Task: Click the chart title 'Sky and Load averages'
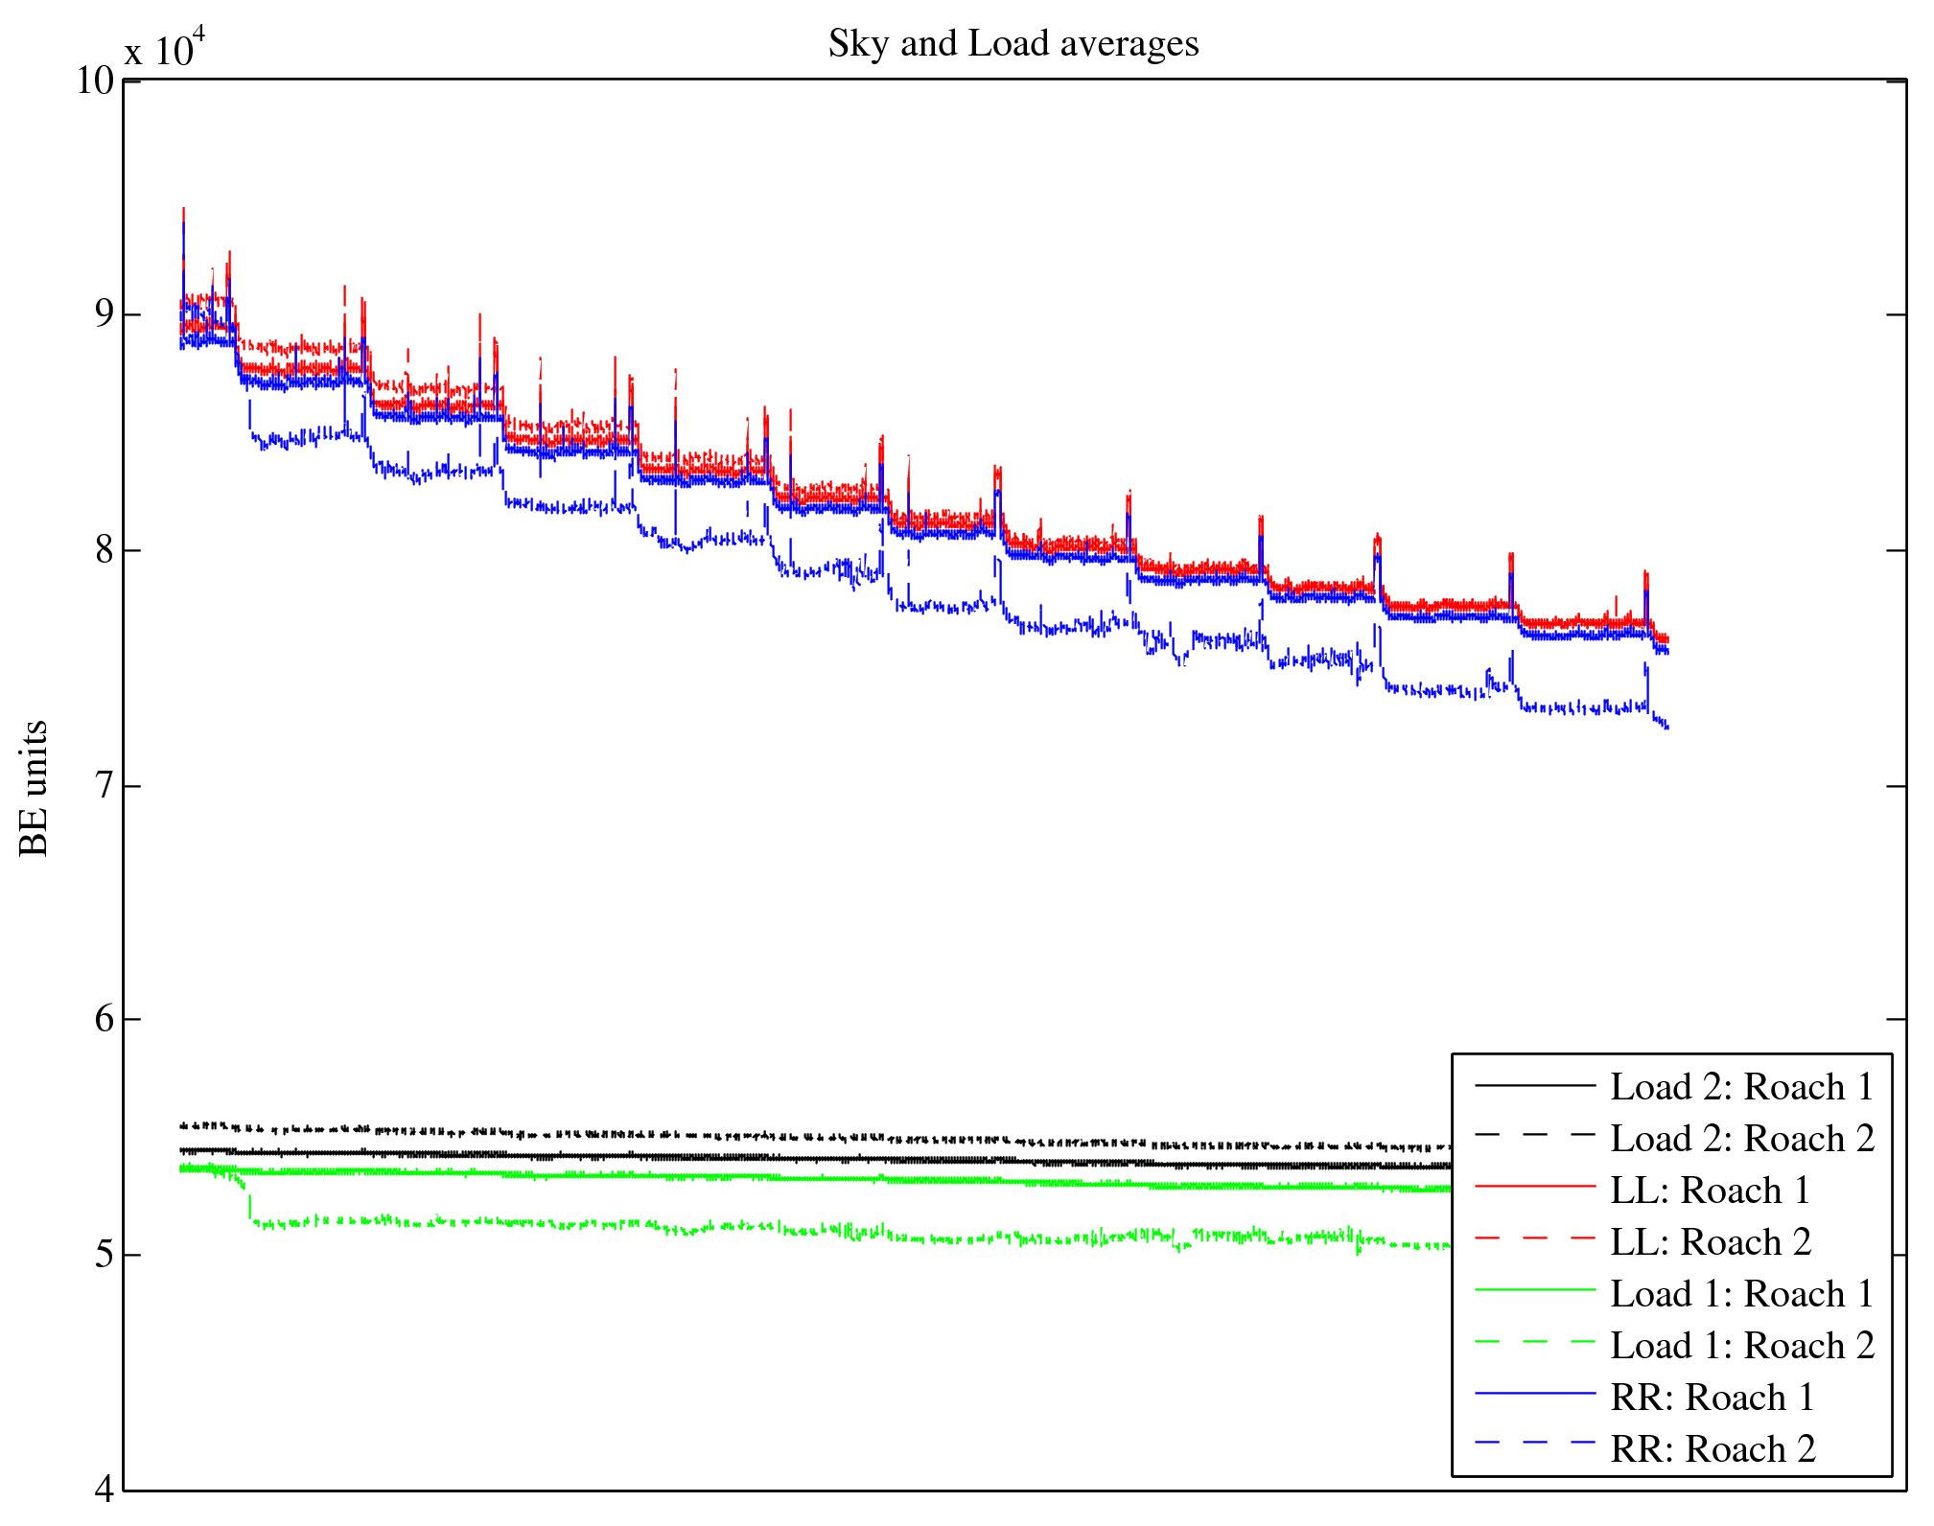click(x=1013, y=44)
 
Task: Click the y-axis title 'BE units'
click(x=35, y=788)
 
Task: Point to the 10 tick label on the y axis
click(x=95, y=81)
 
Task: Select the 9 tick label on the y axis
click(x=105, y=314)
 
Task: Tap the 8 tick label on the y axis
click(x=105, y=550)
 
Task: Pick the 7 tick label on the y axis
click(x=105, y=786)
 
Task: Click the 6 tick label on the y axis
click(x=105, y=1019)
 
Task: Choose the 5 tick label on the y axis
click(x=105, y=1255)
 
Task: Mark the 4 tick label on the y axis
click(x=105, y=1489)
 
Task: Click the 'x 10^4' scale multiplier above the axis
click(x=165, y=48)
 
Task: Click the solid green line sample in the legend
click(x=1534, y=1290)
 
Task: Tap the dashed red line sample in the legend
click(x=1534, y=1238)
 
